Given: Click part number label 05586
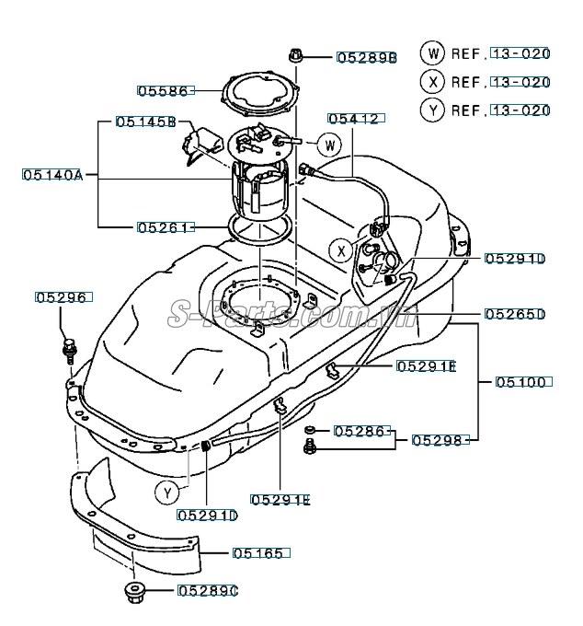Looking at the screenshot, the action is click(x=163, y=91).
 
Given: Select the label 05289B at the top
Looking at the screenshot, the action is click(x=367, y=58).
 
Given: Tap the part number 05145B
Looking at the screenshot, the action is click(x=146, y=122).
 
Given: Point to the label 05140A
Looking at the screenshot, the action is click(x=52, y=175).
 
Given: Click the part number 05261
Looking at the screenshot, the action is click(x=163, y=227).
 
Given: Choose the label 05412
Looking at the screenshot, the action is click(x=353, y=119).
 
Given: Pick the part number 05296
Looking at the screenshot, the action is click(x=61, y=297).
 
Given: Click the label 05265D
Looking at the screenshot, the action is click(x=515, y=314).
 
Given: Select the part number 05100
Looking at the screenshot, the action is click(x=520, y=382).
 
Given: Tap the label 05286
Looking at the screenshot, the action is click(x=360, y=431).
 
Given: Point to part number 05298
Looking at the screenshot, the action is click(x=437, y=440).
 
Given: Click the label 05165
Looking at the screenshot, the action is click(x=258, y=553).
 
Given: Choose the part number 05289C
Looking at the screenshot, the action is click(x=208, y=591).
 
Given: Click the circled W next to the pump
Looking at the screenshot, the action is click(x=329, y=145).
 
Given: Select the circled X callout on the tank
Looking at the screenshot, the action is click(x=341, y=251).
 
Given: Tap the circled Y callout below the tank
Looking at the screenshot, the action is click(x=167, y=493).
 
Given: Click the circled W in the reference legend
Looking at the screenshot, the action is click(x=432, y=53).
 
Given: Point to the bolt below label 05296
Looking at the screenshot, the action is click(x=69, y=351).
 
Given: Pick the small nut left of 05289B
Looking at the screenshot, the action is click(x=295, y=55).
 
